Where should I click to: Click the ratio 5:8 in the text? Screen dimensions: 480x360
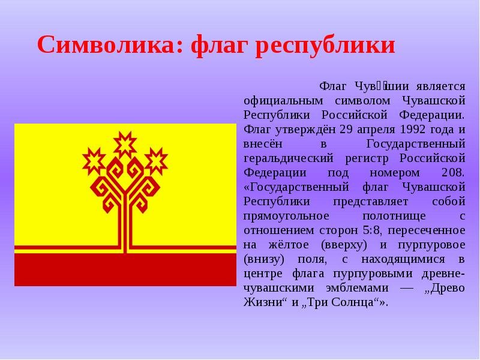372,230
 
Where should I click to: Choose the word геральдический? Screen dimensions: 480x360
289,159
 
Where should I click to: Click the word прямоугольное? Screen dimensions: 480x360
286,217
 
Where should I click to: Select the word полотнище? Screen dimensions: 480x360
394,217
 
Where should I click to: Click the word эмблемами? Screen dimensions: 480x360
357,289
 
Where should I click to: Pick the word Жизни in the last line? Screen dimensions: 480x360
262,302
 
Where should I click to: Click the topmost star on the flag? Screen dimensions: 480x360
125,145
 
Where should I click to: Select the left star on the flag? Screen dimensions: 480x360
94,161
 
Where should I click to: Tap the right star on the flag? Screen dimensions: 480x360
156,161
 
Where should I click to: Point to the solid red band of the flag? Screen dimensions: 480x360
125,269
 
